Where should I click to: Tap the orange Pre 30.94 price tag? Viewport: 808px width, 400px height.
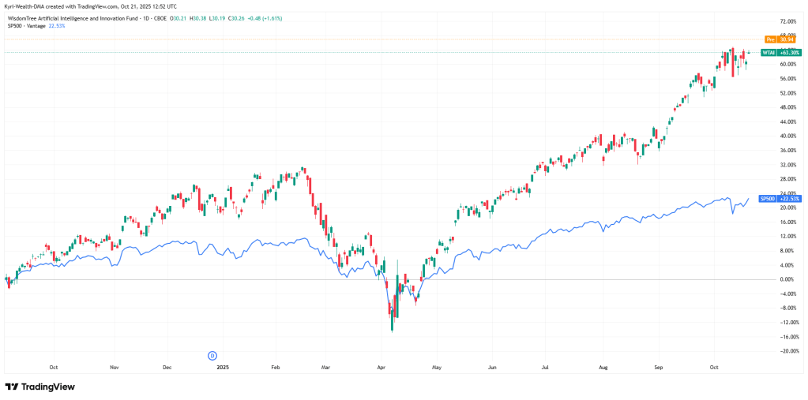click(x=775, y=39)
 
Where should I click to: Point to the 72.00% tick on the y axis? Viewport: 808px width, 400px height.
click(x=786, y=21)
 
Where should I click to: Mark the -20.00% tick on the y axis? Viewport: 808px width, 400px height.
click(x=786, y=351)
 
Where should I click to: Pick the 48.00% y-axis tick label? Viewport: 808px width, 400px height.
click(x=786, y=107)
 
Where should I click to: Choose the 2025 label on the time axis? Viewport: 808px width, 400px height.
click(x=223, y=367)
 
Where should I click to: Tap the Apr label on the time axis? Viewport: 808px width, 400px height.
click(x=381, y=367)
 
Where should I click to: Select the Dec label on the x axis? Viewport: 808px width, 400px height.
click(x=167, y=367)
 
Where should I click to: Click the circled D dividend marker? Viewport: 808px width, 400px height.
click(x=212, y=356)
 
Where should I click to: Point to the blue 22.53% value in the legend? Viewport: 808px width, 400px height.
click(x=57, y=25)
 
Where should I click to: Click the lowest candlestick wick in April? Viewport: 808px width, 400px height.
click(x=393, y=330)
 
